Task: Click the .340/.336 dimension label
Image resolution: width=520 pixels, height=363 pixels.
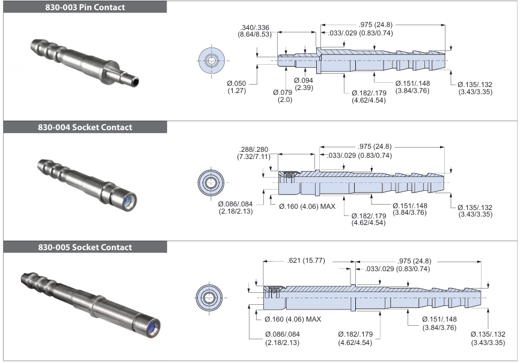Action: [x=255, y=31]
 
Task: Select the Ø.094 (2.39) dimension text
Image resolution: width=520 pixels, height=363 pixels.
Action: [x=304, y=84]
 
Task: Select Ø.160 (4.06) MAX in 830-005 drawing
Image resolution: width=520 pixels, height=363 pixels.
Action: [x=293, y=319]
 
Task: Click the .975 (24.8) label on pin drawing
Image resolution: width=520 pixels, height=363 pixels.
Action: [x=376, y=25]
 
